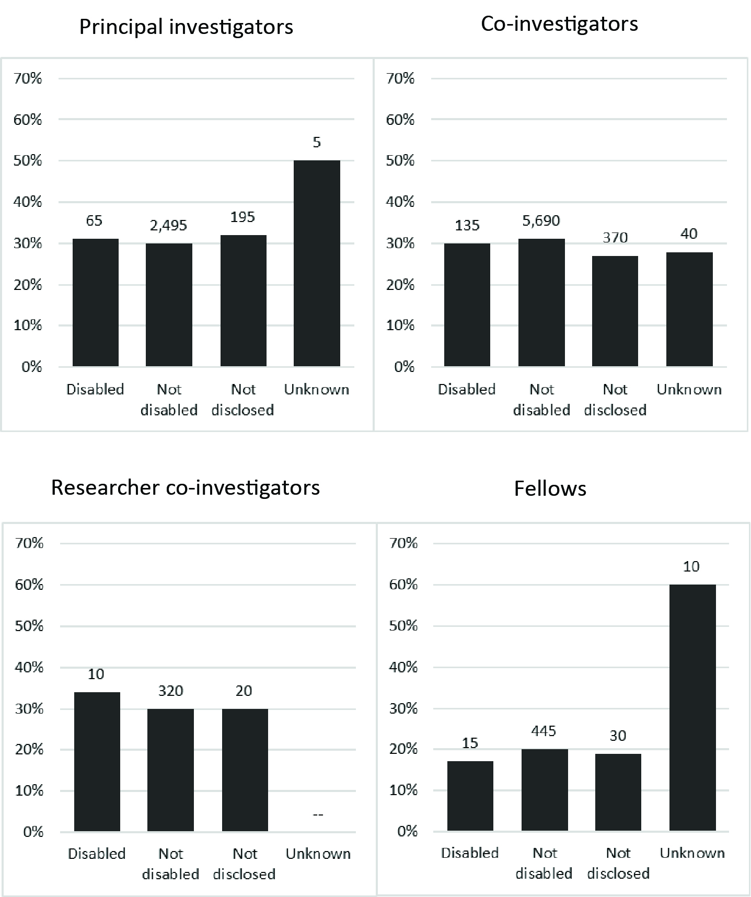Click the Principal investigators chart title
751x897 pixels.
(x=186, y=27)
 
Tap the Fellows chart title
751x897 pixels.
(x=550, y=489)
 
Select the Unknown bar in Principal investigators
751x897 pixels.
(x=317, y=263)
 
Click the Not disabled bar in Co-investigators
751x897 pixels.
(x=541, y=302)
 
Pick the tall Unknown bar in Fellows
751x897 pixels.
(x=692, y=707)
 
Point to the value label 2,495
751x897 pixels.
(x=168, y=226)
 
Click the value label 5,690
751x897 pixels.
(x=541, y=221)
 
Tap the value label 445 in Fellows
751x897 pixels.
(x=544, y=731)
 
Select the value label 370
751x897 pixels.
(x=615, y=238)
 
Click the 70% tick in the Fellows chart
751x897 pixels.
(x=403, y=543)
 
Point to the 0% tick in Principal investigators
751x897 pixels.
(x=31, y=367)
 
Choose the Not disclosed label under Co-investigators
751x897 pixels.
(x=615, y=400)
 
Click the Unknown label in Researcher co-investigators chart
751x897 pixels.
(x=318, y=854)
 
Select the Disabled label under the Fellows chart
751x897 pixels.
(x=470, y=853)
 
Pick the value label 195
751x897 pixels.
(x=242, y=217)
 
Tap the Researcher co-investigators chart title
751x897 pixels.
(x=186, y=488)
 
